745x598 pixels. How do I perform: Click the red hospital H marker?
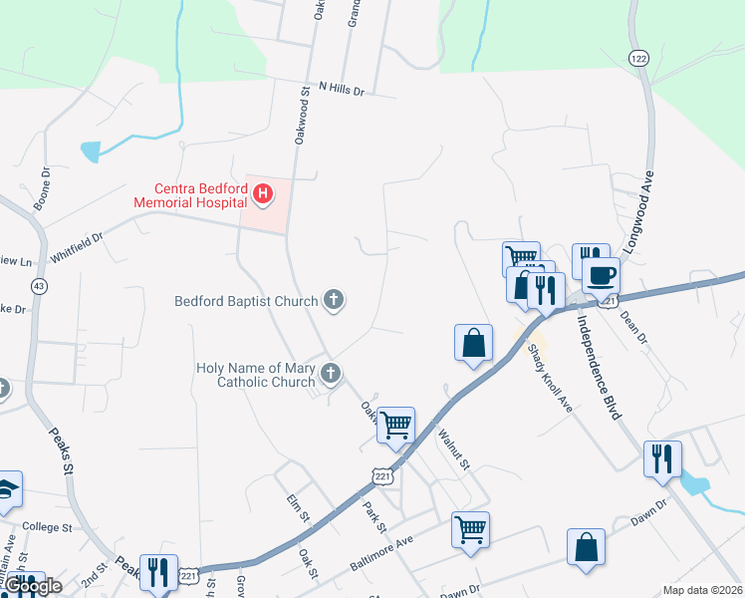point(263,193)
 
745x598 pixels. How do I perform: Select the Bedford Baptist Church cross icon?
point(334,300)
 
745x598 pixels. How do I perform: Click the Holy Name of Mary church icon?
point(331,374)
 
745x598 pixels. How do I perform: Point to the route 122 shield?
point(638,58)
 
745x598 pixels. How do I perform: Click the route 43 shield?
point(39,285)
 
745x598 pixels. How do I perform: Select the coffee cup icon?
point(602,275)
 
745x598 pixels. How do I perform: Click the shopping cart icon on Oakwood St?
point(396,426)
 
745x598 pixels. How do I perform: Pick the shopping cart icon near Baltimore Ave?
point(470,529)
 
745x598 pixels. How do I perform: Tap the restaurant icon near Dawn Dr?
point(661,459)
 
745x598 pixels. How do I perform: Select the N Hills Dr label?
point(343,89)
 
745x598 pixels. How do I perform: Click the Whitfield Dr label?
point(77,247)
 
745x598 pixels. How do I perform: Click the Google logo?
point(33,586)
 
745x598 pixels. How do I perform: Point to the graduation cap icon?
point(7,488)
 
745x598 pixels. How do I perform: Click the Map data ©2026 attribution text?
point(702,590)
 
